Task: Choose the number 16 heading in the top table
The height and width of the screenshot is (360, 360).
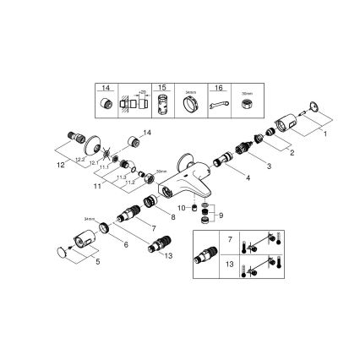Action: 217,88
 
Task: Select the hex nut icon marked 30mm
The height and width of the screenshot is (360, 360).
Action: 248,105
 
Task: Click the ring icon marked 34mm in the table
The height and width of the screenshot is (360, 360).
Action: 191,105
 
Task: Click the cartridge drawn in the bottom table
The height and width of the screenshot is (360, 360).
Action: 205,254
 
